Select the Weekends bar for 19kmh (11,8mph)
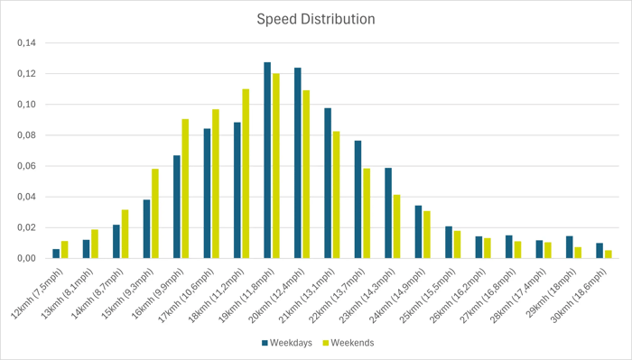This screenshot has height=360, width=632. click(275, 166)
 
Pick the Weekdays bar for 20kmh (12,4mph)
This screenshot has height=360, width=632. click(297, 163)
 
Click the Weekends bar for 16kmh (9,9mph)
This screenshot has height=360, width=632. click(185, 189)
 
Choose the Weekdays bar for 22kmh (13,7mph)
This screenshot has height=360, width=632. click(358, 199)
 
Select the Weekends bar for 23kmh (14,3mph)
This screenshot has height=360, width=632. click(395, 226)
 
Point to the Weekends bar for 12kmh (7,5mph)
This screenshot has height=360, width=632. click(64, 250)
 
